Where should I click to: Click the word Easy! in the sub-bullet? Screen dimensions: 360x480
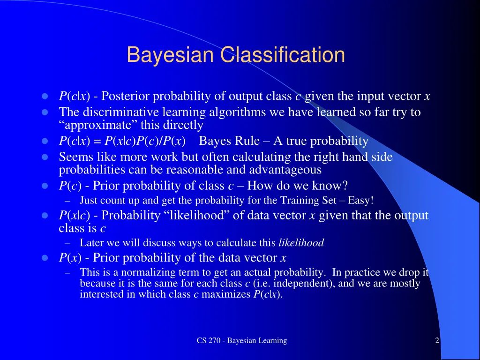point(361,201)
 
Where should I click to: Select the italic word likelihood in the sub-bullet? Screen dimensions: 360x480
point(301,243)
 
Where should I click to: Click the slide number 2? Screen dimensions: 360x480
point(437,341)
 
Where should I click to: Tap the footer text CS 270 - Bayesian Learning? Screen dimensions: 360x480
point(242,341)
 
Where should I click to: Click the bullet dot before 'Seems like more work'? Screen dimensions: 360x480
point(45,157)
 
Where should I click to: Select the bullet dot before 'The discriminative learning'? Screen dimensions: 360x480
point(45,112)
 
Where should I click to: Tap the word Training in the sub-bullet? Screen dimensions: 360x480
point(299,201)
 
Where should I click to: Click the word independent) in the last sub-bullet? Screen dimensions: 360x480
point(309,284)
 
